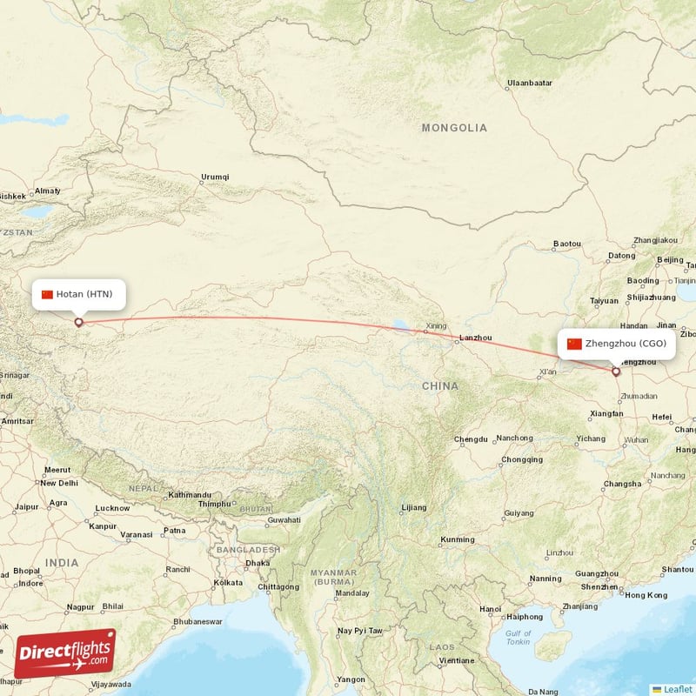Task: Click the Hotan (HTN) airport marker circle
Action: [x=78, y=323]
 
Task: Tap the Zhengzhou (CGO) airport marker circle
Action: [x=616, y=371]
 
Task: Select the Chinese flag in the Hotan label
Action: [x=47, y=294]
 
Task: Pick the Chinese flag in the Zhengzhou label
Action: [x=574, y=344]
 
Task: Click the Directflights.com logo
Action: [x=64, y=653]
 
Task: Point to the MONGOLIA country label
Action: [x=454, y=128]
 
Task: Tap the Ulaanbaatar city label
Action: [x=529, y=84]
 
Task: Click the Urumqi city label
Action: [x=215, y=177]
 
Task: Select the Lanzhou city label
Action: [x=476, y=338]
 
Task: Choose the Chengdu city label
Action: [x=471, y=439]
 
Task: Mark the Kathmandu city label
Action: [x=190, y=494]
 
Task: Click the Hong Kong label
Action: [x=646, y=595]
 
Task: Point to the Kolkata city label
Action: [x=228, y=582]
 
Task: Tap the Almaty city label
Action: [x=47, y=191]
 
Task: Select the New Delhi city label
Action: [x=59, y=483]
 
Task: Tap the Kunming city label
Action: [x=458, y=540]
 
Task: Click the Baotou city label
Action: [x=566, y=244]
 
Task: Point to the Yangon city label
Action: [x=352, y=679]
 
